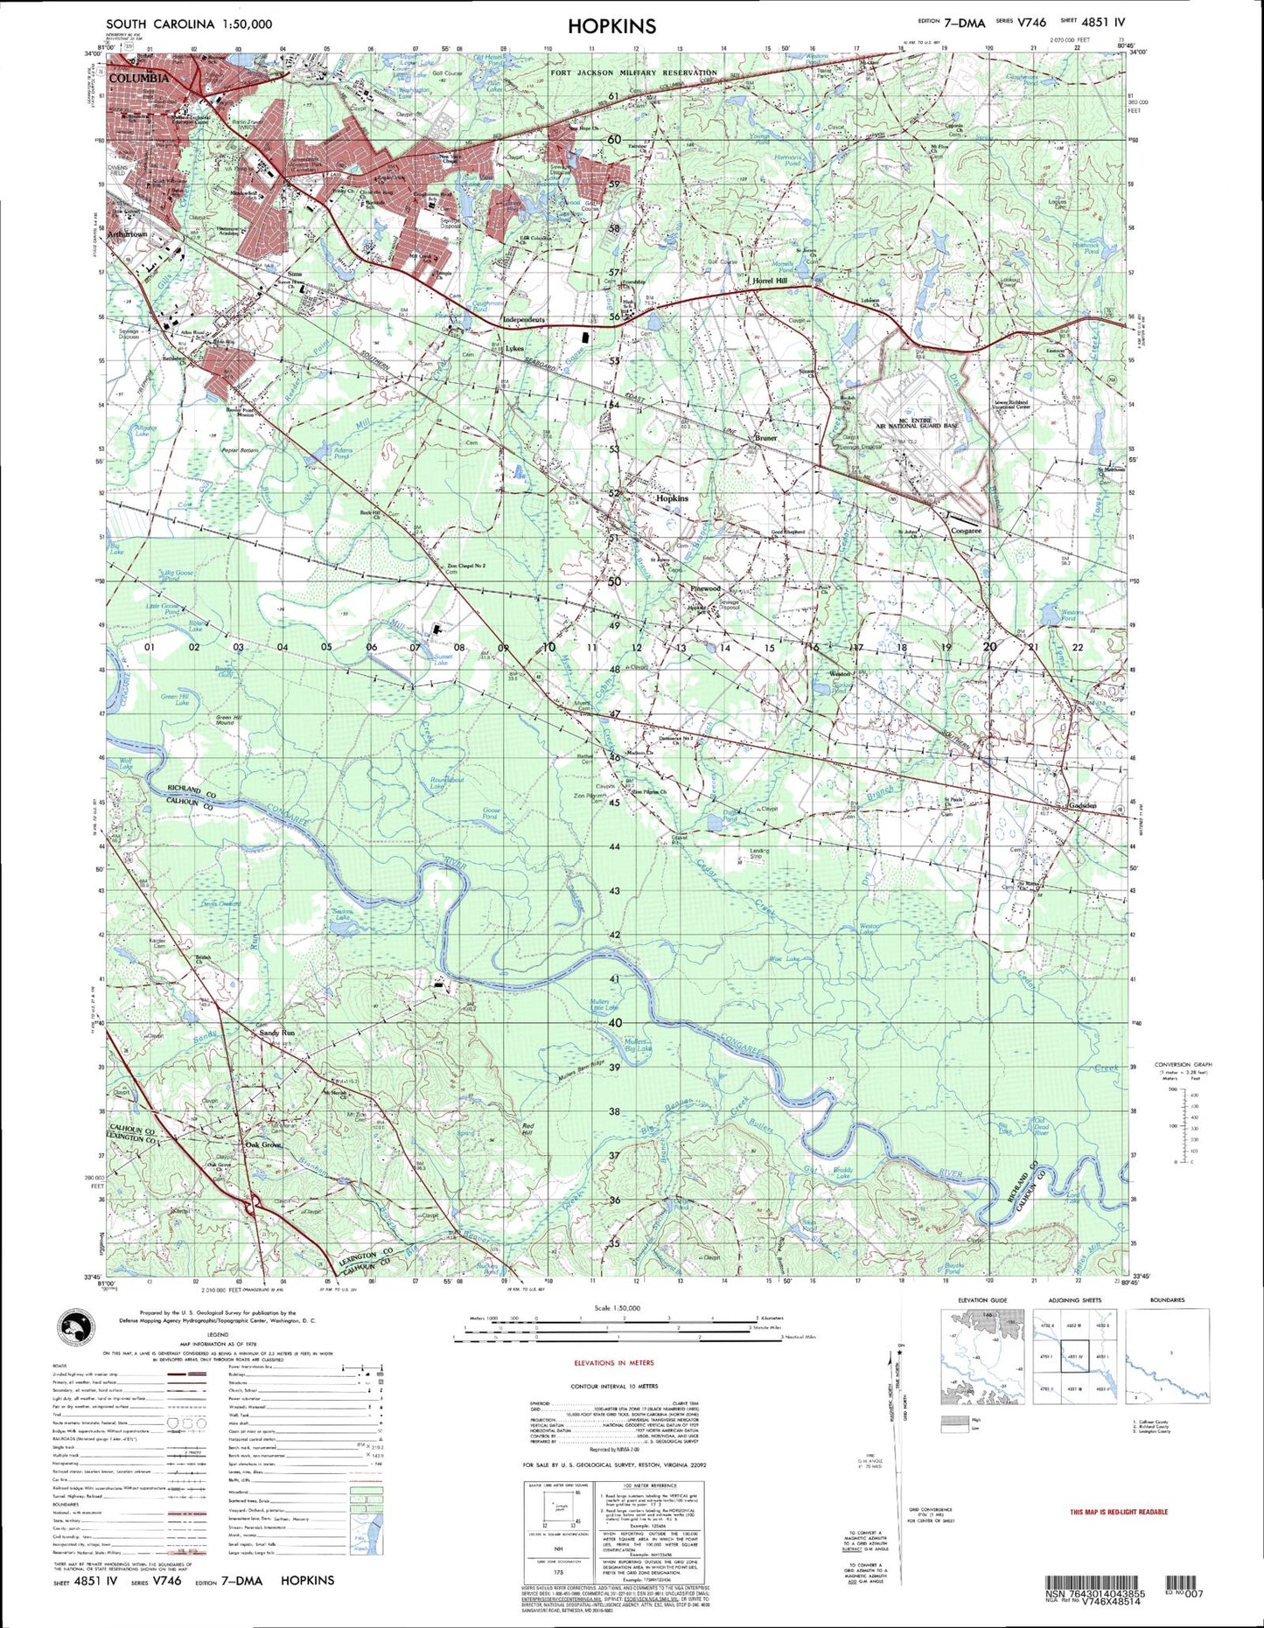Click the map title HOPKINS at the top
pos(611,26)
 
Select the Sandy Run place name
pos(277,1033)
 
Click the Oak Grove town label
pos(263,1144)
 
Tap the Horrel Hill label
pos(770,282)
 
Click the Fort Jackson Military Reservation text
pos(634,73)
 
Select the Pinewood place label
pos(705,589)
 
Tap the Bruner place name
pos(765,438)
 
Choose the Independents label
pos(524,320)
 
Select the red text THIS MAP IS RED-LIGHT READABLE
pos(1119,1512)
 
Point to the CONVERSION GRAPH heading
pos(1183,1065)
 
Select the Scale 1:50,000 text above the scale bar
pos(616,1308)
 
